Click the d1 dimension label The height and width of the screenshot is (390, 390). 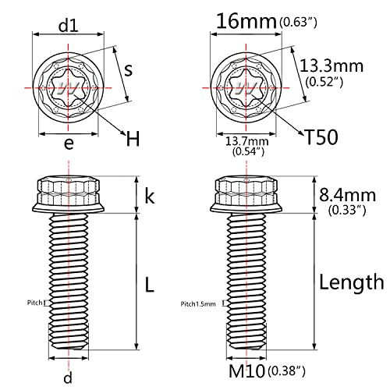(69, 26)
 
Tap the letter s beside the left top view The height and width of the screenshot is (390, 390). (128, 70)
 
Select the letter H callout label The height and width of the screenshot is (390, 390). (133, 139)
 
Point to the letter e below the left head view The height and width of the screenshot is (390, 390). (69, 144)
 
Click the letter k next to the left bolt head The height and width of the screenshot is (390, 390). (150, 197)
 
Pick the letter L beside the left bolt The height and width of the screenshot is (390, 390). (150, 285)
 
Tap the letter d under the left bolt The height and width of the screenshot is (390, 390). (68, 377)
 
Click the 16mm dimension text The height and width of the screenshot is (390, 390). (246, 21)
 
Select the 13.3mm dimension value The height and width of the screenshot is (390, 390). (331, 66)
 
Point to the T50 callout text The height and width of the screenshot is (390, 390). (321, 137)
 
